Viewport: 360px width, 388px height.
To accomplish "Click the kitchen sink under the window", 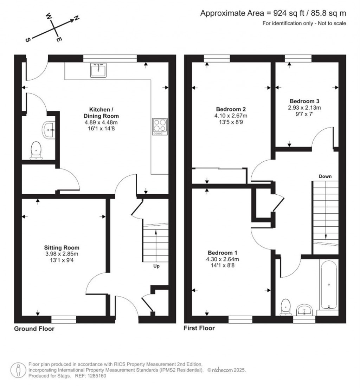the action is point(98,70).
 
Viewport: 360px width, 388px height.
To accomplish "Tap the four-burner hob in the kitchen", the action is point(160,127).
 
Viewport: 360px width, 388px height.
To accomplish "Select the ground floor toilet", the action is point(36,151).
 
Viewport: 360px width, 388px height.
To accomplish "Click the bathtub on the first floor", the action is point(329,285).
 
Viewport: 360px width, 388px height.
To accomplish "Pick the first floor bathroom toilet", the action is point(285,307).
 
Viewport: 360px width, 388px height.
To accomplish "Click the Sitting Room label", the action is point(62,247).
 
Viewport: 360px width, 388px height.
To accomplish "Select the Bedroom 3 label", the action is point(304,101).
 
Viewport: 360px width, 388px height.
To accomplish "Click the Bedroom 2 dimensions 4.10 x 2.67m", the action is point(231,116).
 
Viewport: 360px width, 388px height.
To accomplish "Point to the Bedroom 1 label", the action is point(222,253).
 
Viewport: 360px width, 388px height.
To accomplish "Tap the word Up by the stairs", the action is point(156,266).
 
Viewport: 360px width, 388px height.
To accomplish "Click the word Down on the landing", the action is point(325,176).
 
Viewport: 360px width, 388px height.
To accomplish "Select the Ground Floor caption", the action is point(34,329).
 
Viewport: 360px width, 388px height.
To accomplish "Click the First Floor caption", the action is point(199,328).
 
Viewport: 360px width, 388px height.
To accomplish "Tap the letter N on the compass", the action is point(77,18).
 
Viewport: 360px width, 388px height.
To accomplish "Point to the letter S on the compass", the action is point(28,40).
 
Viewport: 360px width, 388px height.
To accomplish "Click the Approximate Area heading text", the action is point(273,13).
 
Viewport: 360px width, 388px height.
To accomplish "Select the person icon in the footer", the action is point(18,370).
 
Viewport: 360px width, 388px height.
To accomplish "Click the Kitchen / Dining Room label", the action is point(101,112).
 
